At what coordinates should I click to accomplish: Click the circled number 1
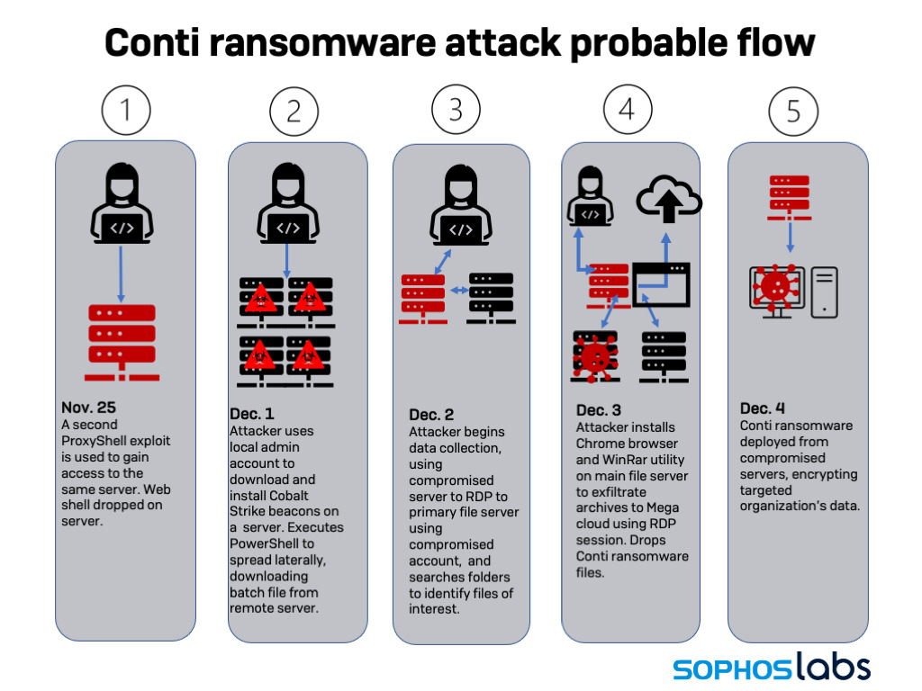125,110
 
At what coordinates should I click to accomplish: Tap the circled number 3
456,110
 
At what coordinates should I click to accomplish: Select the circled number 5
793,112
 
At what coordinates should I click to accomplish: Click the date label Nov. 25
89,408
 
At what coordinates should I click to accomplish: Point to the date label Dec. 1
253,414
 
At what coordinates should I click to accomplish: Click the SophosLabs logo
772,668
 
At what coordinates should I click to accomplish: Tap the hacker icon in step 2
287,207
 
